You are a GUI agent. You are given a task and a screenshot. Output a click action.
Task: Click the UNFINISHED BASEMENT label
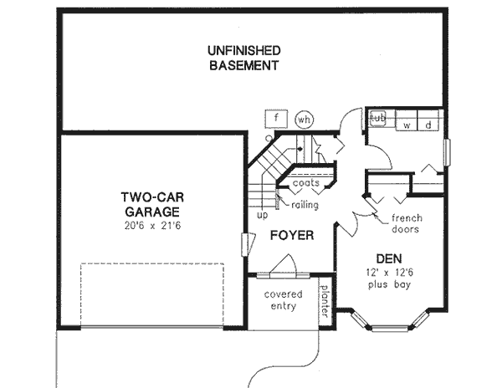[x=243, y=59]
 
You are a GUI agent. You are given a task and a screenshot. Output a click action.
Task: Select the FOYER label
[x=291, y=236]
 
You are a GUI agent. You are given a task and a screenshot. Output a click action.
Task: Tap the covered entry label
[x=283, y=302]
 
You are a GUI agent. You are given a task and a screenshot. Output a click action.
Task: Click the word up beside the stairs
[x=262, y=214]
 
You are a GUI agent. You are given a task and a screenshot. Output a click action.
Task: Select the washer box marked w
[x=407, y=125]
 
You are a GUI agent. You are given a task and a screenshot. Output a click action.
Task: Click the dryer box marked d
[x=428, y=125]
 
